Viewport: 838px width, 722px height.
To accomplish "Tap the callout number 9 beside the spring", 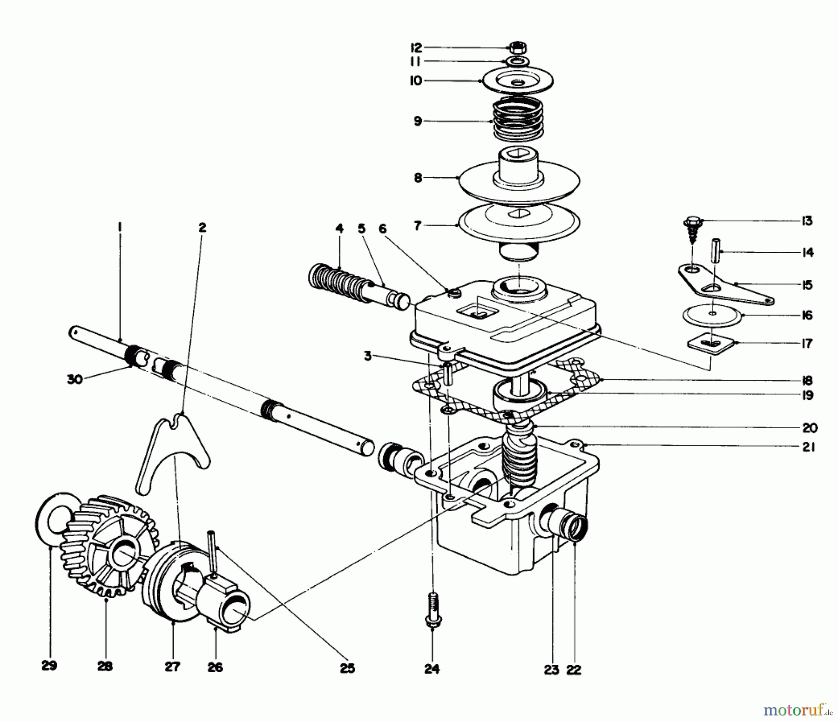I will [x=418, y=121].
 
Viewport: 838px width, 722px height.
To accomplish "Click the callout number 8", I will [x=418, y=177].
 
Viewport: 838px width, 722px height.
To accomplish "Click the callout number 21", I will [x=809, y=447].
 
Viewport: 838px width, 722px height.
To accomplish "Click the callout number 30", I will [x=75, y=379].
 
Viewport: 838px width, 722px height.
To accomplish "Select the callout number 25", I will [x=347, y=668].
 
